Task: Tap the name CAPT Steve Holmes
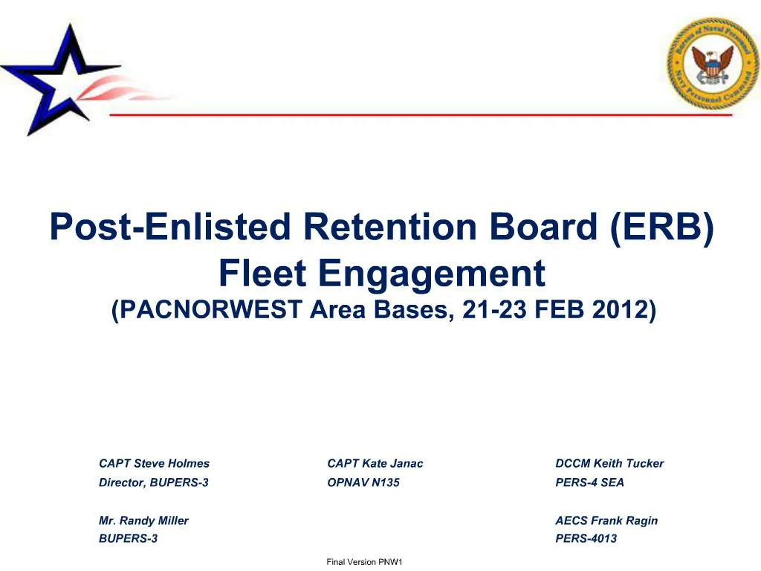(x=154, y=463)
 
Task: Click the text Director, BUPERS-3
(x=153, y=483)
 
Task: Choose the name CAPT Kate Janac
(x=375, y=463)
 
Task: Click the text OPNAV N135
(x=363, y=483)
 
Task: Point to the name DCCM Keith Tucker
(x=609, y=463)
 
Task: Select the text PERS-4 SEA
(x=589, y=483)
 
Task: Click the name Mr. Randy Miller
(x=143, y=520)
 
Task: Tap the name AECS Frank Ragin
(x=606, y=520)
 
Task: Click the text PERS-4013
(x=586, y=538)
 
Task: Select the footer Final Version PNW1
(x=364, y=562)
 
